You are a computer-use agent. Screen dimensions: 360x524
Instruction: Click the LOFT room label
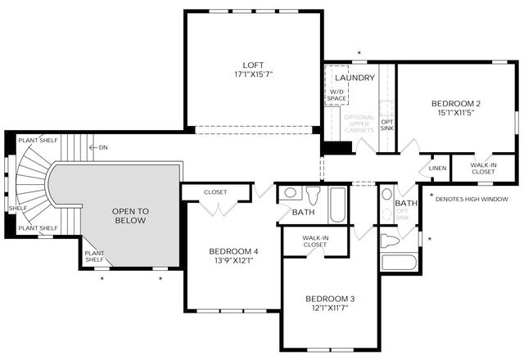pos(253,65)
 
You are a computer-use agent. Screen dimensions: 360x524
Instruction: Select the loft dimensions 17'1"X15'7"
pos(253,74)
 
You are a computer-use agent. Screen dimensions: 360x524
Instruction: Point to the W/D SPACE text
pos(337,94)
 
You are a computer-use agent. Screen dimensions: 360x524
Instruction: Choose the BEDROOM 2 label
pos(456,103)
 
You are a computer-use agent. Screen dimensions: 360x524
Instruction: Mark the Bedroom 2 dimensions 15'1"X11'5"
pos(456,113)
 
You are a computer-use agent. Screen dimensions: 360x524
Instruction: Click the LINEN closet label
pos(438,168)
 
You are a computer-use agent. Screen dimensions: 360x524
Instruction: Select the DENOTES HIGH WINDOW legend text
pos(472,199)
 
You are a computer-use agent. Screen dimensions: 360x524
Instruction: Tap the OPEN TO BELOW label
pos(129,215)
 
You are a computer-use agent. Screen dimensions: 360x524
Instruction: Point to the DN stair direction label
pos(103,147)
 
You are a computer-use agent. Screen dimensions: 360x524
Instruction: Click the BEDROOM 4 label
pos(233,251)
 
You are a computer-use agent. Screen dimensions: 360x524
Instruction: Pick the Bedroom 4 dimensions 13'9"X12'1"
pos(233,261)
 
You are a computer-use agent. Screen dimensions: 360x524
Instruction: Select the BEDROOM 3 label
pos(331,299)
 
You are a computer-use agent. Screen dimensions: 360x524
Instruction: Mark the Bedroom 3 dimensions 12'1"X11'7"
pos(331,308)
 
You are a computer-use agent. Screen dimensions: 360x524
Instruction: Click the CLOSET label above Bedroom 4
pos(215,192)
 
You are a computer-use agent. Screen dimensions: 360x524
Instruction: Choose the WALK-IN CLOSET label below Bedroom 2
pos(483,168)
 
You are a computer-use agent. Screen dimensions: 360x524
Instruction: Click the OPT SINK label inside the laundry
pos(386,124)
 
